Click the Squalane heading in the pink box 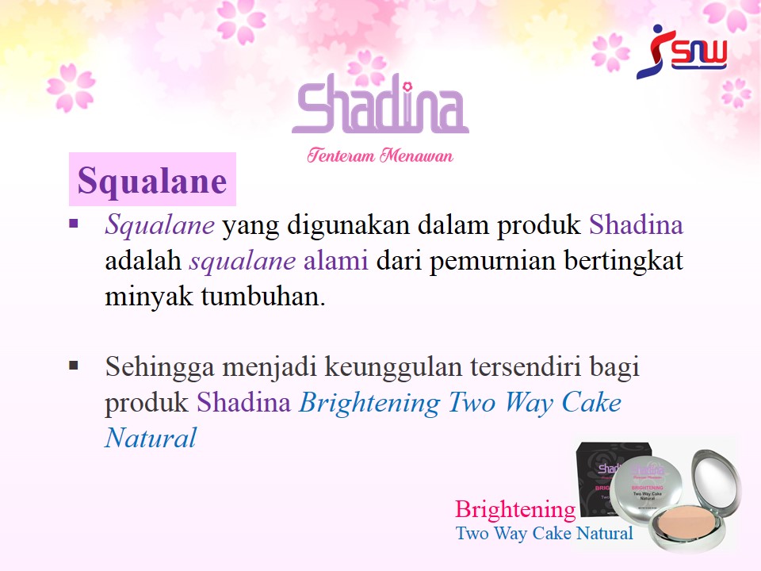tap(152, 181)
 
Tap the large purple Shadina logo tap(380, 103)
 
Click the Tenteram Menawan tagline tap(380, 155)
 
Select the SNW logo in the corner tap(682, 52)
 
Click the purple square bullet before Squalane tap(74, 224)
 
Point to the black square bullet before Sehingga tap(74, 365)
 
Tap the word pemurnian tap(492, 261)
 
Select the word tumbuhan tap(263, 296)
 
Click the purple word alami tap(336, 260)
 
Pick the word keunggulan tap(393, 367)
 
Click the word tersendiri tap(526, 366)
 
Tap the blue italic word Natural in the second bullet tap(151, 438)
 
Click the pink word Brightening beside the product tap(515, 510)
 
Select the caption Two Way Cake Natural tap(545, 533)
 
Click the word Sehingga tap(159, 367)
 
